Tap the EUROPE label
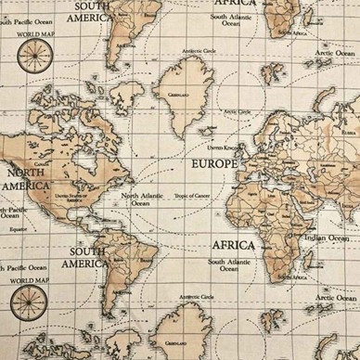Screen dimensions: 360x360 (213, 163)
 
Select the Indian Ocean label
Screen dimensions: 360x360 (326, 238)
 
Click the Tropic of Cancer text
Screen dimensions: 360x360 (194, 196)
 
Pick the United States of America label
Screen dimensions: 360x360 (74, 197)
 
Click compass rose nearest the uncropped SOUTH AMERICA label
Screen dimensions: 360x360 (32, 302)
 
